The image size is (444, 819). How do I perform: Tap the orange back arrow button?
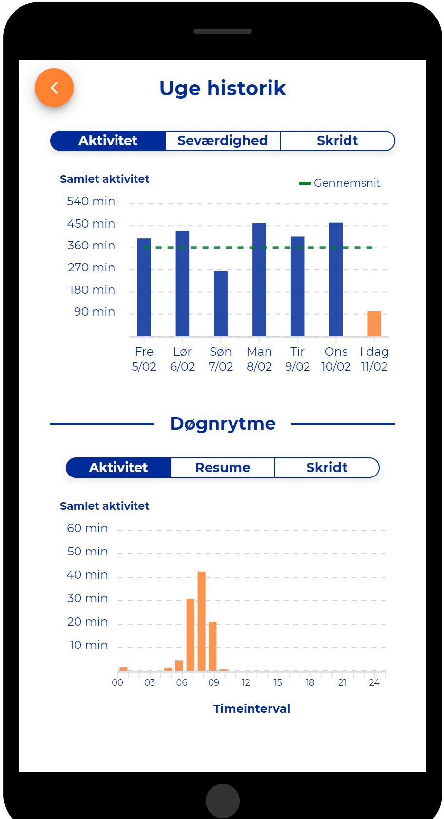pos(54,88)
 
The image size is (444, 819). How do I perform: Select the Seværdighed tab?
pos(223,141)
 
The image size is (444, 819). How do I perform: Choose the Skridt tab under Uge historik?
pos(337,141)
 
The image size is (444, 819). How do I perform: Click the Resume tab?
pos(223,468)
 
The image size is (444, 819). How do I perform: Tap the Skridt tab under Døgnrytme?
pos(327,468)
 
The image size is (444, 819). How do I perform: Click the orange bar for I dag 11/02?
pos(374,324)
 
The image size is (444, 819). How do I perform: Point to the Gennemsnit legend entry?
pos(340,183)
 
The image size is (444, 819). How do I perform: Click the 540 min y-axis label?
pos(91,201)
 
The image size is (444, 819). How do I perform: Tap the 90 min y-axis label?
pos(95,312)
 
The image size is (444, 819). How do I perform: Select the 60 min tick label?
pos(87,528)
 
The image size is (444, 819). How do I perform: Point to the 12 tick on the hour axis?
pos(246,683)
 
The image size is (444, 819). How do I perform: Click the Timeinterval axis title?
pos(251,709)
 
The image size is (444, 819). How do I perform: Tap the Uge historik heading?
pos(222,88)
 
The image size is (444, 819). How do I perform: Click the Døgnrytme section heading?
pos(223,424)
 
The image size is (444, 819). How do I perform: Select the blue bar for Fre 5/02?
pos(144,287)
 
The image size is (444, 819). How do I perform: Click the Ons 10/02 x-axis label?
pos(336,359)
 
